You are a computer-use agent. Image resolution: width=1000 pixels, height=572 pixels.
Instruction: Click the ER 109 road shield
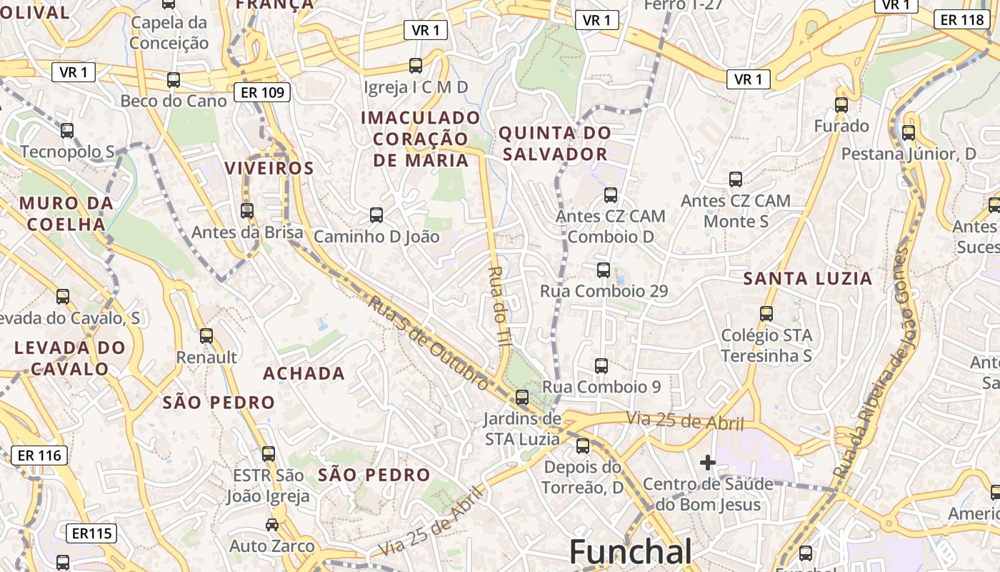coord(262,92)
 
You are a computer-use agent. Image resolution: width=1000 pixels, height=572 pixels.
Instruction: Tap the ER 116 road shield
coord(39,455)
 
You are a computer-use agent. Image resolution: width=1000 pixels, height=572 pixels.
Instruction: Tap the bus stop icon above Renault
coord(206,335)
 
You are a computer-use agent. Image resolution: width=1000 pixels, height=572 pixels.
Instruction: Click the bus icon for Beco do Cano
coord(174,80)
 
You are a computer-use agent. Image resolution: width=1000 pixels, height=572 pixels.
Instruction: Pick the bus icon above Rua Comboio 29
coord(604,270)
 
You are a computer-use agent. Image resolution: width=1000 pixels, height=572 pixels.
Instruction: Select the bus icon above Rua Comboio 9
coord(601,366)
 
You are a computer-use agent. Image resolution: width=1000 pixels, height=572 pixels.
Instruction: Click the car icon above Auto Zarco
coord(272,525)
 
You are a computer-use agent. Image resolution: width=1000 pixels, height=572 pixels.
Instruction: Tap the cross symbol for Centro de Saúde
coord(708,463)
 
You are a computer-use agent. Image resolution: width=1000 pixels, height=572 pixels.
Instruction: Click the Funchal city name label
coord(630,553)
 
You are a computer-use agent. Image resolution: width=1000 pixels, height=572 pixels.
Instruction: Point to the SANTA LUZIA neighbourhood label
coord(808,279)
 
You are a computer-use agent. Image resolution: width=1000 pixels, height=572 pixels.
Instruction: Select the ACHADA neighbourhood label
coord(304,373)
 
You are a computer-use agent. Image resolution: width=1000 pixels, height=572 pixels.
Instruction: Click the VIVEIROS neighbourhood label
coord(269,168)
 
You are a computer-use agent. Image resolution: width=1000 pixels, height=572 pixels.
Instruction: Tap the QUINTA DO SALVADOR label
coord(554,143)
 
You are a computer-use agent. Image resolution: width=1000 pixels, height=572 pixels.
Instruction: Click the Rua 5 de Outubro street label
coord(429,343)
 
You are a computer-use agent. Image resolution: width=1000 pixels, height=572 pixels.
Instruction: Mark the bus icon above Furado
coord(841,105)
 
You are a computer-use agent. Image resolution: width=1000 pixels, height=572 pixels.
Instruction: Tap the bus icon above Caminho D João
coord(376,214)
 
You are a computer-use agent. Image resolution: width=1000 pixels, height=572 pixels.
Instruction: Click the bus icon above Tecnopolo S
coord(67,131)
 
